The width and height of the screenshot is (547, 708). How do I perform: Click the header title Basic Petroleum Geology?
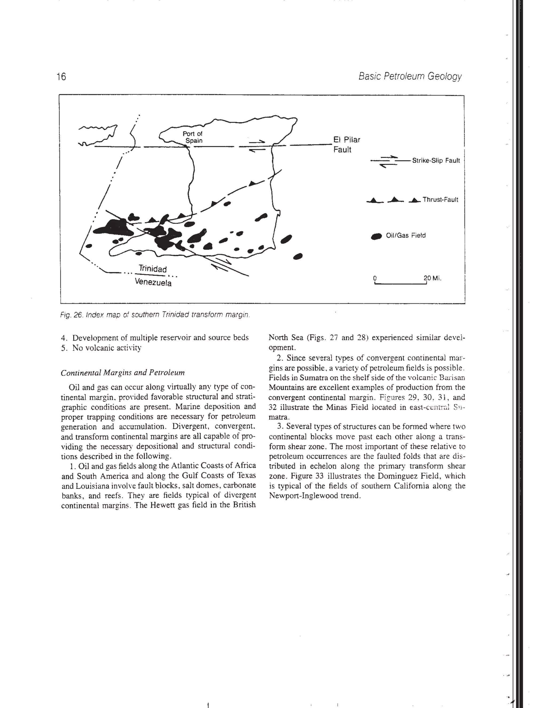(x=410, y=76)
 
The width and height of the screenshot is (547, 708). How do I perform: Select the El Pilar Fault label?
(x=346, y=145)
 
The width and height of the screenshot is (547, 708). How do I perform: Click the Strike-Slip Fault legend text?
(x=436, y=161)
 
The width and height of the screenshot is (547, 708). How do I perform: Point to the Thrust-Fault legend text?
(x=440, y=200)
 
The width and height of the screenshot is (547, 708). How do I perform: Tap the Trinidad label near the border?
(x=153, y=269)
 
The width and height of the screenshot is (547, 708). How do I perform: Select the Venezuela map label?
(x=153, y=282)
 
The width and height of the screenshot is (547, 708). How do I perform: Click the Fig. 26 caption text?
(x=155, y=315)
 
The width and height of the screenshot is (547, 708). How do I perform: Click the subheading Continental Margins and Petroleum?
(x=123, y=372)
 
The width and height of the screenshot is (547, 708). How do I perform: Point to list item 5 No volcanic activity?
(x=101, y=348)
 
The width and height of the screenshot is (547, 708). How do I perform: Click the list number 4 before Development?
(x=64, y=338)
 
